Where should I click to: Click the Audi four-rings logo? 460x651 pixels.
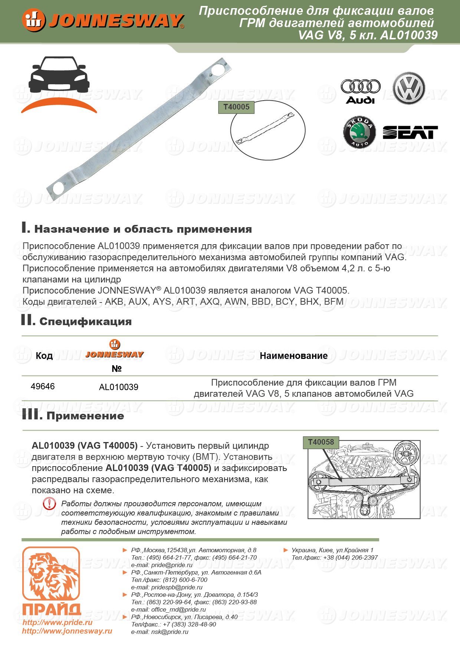tap(361, 87)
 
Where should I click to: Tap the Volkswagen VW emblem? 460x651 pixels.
tap(409, 88)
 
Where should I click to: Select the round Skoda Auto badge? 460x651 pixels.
tap(359, 132)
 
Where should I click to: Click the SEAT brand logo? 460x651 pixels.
tap(410, 133)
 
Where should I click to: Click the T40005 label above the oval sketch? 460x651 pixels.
tap(236, 107)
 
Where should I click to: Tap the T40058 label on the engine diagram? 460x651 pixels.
tap(321, 442)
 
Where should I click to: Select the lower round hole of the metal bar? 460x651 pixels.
tap(58, 188)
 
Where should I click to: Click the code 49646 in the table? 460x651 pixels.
tap(43, 386)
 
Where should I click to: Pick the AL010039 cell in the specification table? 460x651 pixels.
tap(119, 387)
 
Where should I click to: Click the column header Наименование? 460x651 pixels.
tap(293, 356)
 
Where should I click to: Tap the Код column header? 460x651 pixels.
tap(44, 356)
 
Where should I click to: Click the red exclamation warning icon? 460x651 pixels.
tap(49, 504)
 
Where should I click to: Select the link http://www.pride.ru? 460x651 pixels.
tap(57, 622)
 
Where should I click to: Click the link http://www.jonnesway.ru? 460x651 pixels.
tap(67, 631)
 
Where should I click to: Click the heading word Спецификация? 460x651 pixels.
tap(85, 321)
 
